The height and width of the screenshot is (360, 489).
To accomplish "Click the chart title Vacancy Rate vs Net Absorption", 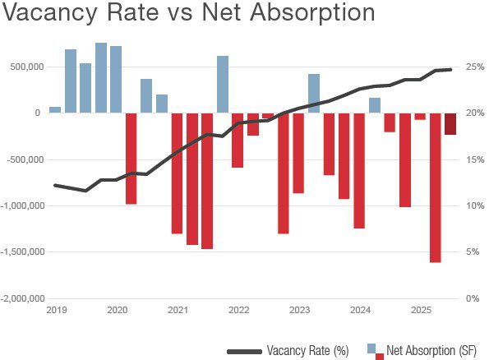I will (x=188, y=16).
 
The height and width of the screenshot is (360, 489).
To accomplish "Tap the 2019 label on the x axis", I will (x=56, y=310).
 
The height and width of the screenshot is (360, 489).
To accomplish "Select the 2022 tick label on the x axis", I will (x=239, y=310).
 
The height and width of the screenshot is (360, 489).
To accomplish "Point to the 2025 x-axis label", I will (x=421, y=310).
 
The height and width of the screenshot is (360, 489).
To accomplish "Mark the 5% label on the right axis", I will (x=472, y=252).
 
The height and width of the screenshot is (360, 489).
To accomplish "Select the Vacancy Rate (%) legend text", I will (x=307, y=350).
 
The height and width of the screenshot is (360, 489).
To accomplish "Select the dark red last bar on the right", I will (x=450, y=123).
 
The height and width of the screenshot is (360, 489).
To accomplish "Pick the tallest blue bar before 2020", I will (x=101, y=77).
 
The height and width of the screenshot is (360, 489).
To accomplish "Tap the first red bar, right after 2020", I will (x=131, y=158).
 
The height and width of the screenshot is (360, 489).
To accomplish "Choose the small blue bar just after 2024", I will (x=375, y=105).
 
